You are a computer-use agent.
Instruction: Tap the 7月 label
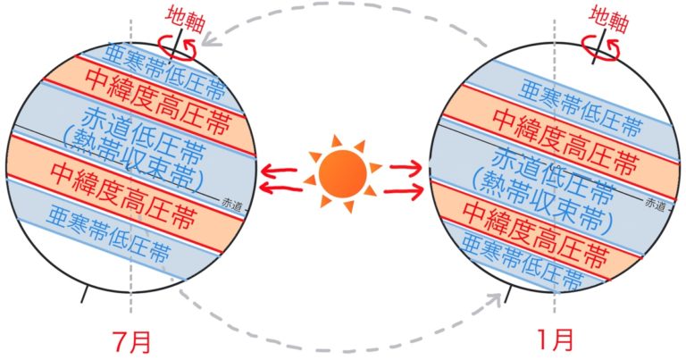131,341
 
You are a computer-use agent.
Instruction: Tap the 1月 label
556,339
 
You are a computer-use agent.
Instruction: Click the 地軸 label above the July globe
185,20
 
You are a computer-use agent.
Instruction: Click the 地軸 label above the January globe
608,20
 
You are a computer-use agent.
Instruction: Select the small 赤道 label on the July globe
232,205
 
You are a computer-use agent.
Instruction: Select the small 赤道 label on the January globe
655,204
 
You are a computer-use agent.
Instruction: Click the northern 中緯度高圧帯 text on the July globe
157,102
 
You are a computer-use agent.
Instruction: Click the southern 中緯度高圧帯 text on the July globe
123,196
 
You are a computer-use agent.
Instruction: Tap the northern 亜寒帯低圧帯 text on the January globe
580,108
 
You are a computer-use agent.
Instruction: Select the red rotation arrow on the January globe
600,49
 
